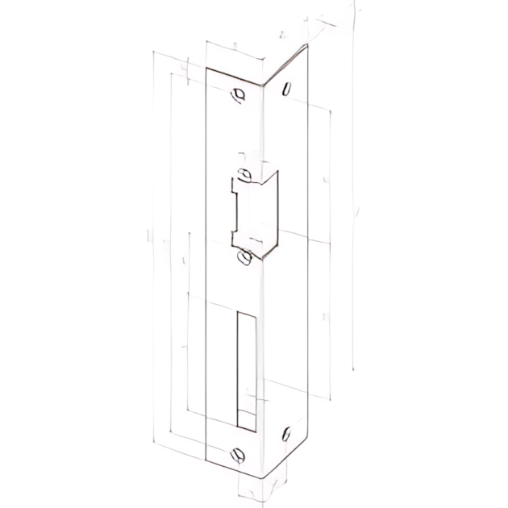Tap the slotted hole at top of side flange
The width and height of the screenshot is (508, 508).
click(x=285, y=91)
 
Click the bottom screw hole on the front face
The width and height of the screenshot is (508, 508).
click(x=238, y=454)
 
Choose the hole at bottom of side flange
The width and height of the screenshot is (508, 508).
click(x=286, y=435)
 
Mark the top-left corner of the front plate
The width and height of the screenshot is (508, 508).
click(x=206, y=68)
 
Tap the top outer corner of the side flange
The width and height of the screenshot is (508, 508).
click(x=307, y=48)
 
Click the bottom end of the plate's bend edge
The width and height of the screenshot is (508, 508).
click(x=263, y=476)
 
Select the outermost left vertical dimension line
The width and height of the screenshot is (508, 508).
click(x=153, y=242)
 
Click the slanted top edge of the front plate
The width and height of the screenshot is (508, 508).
click(x=235, y=75)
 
